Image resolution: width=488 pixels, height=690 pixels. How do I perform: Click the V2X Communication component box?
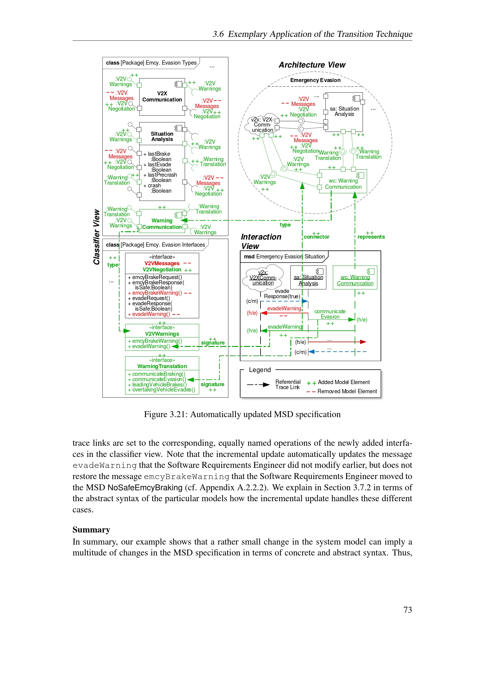(162, 97)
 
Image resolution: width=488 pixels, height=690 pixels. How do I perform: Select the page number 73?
(407, 609)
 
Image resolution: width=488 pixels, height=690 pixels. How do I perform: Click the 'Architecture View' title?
(312, 65)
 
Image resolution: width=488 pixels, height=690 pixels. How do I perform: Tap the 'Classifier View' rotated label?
(96, 237)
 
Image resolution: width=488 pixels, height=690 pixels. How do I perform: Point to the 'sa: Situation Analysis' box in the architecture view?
(344, 112)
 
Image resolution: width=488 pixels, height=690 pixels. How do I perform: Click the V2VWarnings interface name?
(162, 334)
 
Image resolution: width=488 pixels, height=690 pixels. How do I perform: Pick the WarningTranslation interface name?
(162, 366)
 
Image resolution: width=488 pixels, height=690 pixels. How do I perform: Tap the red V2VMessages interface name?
(162, 263)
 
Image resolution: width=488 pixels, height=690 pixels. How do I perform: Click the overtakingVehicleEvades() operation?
(163, 390)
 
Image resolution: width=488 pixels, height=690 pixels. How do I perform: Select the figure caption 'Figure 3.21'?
(242, 414)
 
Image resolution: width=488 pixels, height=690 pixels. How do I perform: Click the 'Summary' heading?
(91, 530)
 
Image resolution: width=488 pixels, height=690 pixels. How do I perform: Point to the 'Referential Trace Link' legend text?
(288, 384)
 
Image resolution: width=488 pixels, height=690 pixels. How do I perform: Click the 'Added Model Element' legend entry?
(343, 382)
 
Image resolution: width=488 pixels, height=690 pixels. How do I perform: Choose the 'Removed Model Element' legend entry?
(347, 391)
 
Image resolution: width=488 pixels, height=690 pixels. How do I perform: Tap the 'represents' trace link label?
(371, 237)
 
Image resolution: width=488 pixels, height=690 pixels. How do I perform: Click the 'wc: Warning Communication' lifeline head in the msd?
(355, 277)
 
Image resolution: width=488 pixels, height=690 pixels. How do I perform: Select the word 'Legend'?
(260, 370)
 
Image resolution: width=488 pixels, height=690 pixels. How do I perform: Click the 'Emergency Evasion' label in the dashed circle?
(315, 80)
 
